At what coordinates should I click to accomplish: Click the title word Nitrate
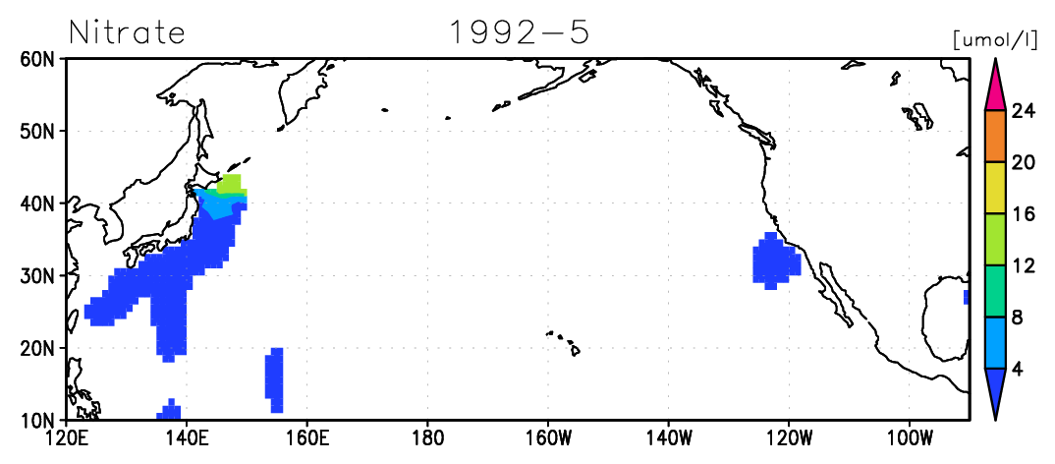coord(127,32)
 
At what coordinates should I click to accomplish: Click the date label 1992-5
coord(519,32)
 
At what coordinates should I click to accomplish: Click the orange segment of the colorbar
coord(995,136)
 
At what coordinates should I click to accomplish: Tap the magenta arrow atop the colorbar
coord(995,90)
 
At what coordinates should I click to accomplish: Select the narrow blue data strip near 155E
coord(274,380)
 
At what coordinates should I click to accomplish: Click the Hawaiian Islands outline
coord(564,342)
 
